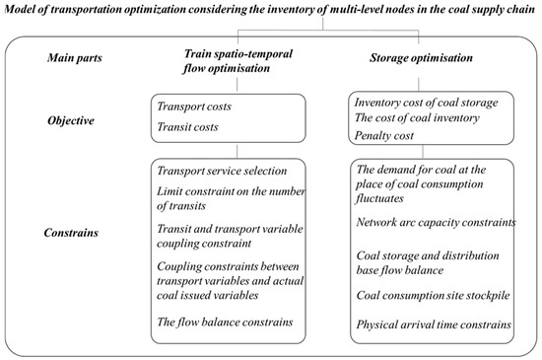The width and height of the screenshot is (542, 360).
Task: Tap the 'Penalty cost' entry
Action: [x=385, y=135]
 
